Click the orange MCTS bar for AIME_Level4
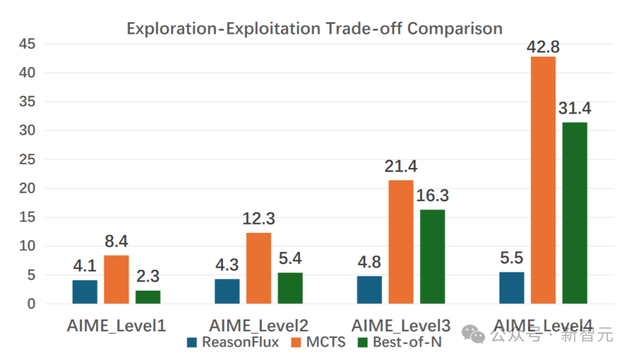[543, 180]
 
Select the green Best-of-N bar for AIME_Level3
[432, 257]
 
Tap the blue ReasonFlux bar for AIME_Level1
[85, 292]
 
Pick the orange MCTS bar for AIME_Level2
[258, 268]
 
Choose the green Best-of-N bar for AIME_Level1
[148, 297]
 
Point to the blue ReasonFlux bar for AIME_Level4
[511, 288]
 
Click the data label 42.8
[543, 46]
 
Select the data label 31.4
[575, 109]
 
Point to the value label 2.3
[148, 276]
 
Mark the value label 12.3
[259, 218]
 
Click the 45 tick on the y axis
[26, 44]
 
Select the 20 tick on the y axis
[26, 189]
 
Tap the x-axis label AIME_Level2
[259, 325]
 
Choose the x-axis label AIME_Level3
[401, 325]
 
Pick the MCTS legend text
[326, 342]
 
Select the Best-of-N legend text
[407, 342]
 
